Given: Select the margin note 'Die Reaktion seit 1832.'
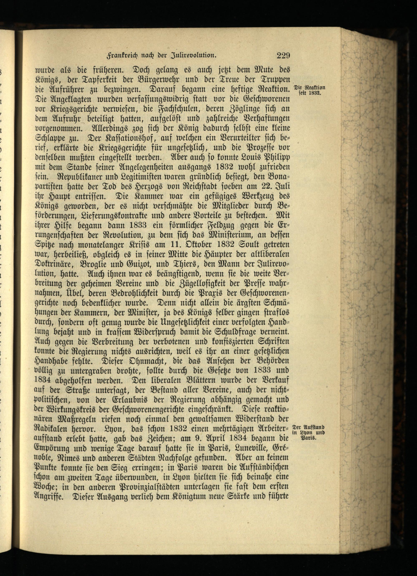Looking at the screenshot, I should click(309, 90).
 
